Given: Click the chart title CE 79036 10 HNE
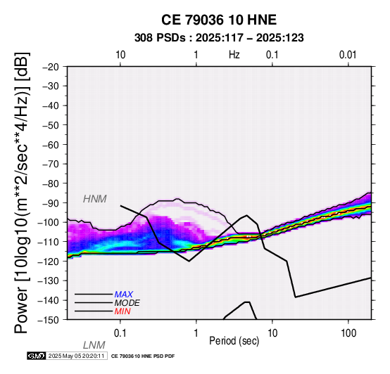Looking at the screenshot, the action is (x=219, y=20).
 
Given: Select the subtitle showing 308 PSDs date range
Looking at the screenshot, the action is (x=219, y=38).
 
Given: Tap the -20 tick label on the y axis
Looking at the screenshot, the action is (x=51, y=67).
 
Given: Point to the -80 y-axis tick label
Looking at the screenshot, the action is (x=51, y=183).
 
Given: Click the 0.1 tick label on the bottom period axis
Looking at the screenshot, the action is (x=120, y=333).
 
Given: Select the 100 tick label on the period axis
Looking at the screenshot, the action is (x=348, y=333).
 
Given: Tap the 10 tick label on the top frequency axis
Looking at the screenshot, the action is (x=120, y=55).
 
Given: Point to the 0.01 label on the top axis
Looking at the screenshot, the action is (x=348, y=55).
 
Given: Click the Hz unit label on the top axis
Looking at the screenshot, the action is (x=234, y=55).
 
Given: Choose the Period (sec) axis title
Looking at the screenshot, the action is (x=234, y=341).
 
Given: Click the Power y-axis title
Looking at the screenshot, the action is (x=22, y=193).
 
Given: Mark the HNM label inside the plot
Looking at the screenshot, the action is (x=95, y=199).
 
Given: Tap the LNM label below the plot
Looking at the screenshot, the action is (x=94, y=345).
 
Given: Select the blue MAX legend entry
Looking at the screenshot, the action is (x=123, y=295).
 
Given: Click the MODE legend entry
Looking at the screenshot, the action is (x=127, y=303).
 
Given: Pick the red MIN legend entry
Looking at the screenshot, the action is (x=122, y=311).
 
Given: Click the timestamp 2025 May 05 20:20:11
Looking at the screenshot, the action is (x=76, y=356).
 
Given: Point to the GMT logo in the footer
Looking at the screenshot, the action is (x=37, y=356).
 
